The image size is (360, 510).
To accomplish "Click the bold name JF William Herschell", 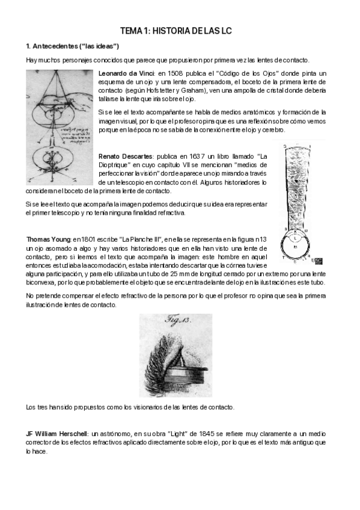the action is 57,433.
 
